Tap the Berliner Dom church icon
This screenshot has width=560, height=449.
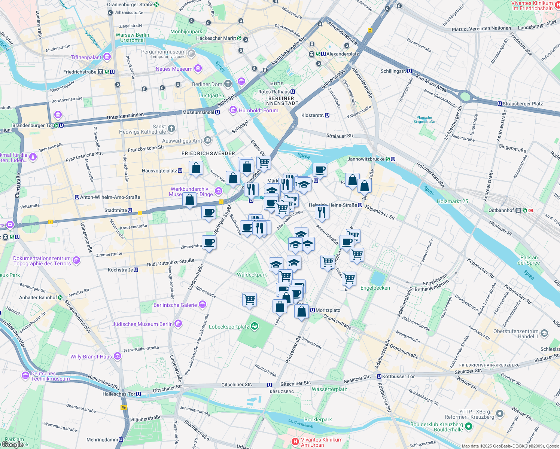point(228,84)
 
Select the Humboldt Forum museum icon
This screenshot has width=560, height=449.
point(233,110)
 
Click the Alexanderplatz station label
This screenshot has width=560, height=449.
point(342,54)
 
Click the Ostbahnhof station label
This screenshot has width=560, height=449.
point(501,210)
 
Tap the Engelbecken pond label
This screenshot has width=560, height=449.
point(375,288)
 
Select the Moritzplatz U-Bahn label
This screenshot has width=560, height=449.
point(328,310)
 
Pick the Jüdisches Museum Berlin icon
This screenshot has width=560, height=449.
point(178,324)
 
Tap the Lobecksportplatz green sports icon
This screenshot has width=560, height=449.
point(255,326)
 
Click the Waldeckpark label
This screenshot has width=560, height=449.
point(252,275)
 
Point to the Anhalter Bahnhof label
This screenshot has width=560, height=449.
point(38,297)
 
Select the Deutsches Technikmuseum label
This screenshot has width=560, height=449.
point(50,376)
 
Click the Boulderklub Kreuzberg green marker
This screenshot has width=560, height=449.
point(469,427)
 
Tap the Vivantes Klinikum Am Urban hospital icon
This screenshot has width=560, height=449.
point(295,442)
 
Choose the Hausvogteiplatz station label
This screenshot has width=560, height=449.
point(159,171)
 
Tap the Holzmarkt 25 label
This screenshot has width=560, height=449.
point(452,201)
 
